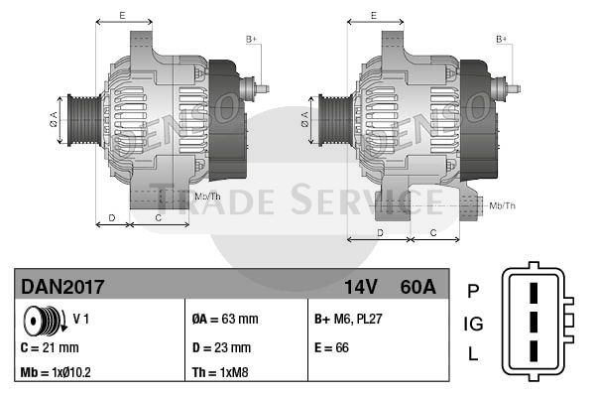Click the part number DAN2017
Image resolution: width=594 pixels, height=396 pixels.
point(62,287)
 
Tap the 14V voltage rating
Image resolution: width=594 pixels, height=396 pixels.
point(361,287)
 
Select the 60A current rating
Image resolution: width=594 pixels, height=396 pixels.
point(418,287)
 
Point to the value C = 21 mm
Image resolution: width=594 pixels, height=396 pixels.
point(50,347)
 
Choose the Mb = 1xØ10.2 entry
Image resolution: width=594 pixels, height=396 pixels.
point(56,372)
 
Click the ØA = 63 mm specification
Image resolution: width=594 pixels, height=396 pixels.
point(225,319)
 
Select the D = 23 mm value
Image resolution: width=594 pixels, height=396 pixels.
point(221,347)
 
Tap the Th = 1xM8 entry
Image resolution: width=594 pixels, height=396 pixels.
point(220,372)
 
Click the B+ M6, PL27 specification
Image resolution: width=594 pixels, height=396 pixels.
point(348,319)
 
